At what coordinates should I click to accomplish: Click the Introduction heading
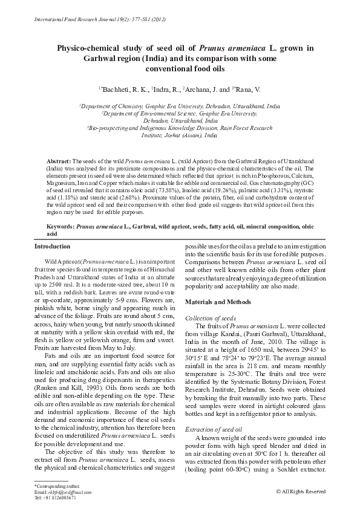point(53,247)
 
